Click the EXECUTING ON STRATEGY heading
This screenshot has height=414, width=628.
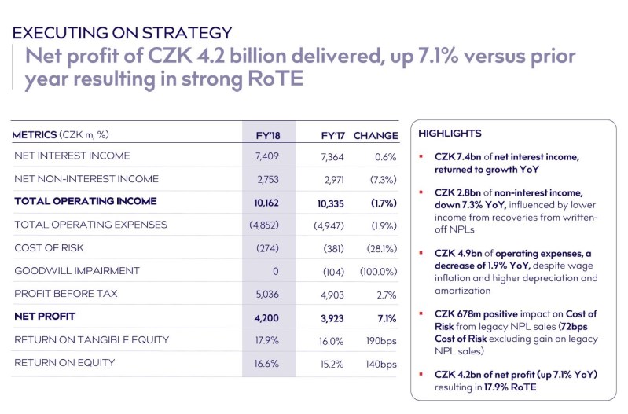click(122, 33)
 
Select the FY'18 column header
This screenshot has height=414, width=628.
click(268, 135)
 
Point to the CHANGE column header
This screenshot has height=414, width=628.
click(376, 135)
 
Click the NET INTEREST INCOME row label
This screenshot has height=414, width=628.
click(72, 156)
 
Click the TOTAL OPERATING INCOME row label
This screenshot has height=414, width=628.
click(85, 202)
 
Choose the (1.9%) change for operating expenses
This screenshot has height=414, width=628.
click(381, 225)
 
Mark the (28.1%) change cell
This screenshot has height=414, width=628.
click(380, 248)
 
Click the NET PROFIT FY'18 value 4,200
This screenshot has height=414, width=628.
click(266, 317)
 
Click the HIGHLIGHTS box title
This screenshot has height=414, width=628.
click(450, 134)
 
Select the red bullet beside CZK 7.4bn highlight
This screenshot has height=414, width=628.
click(422, 156)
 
